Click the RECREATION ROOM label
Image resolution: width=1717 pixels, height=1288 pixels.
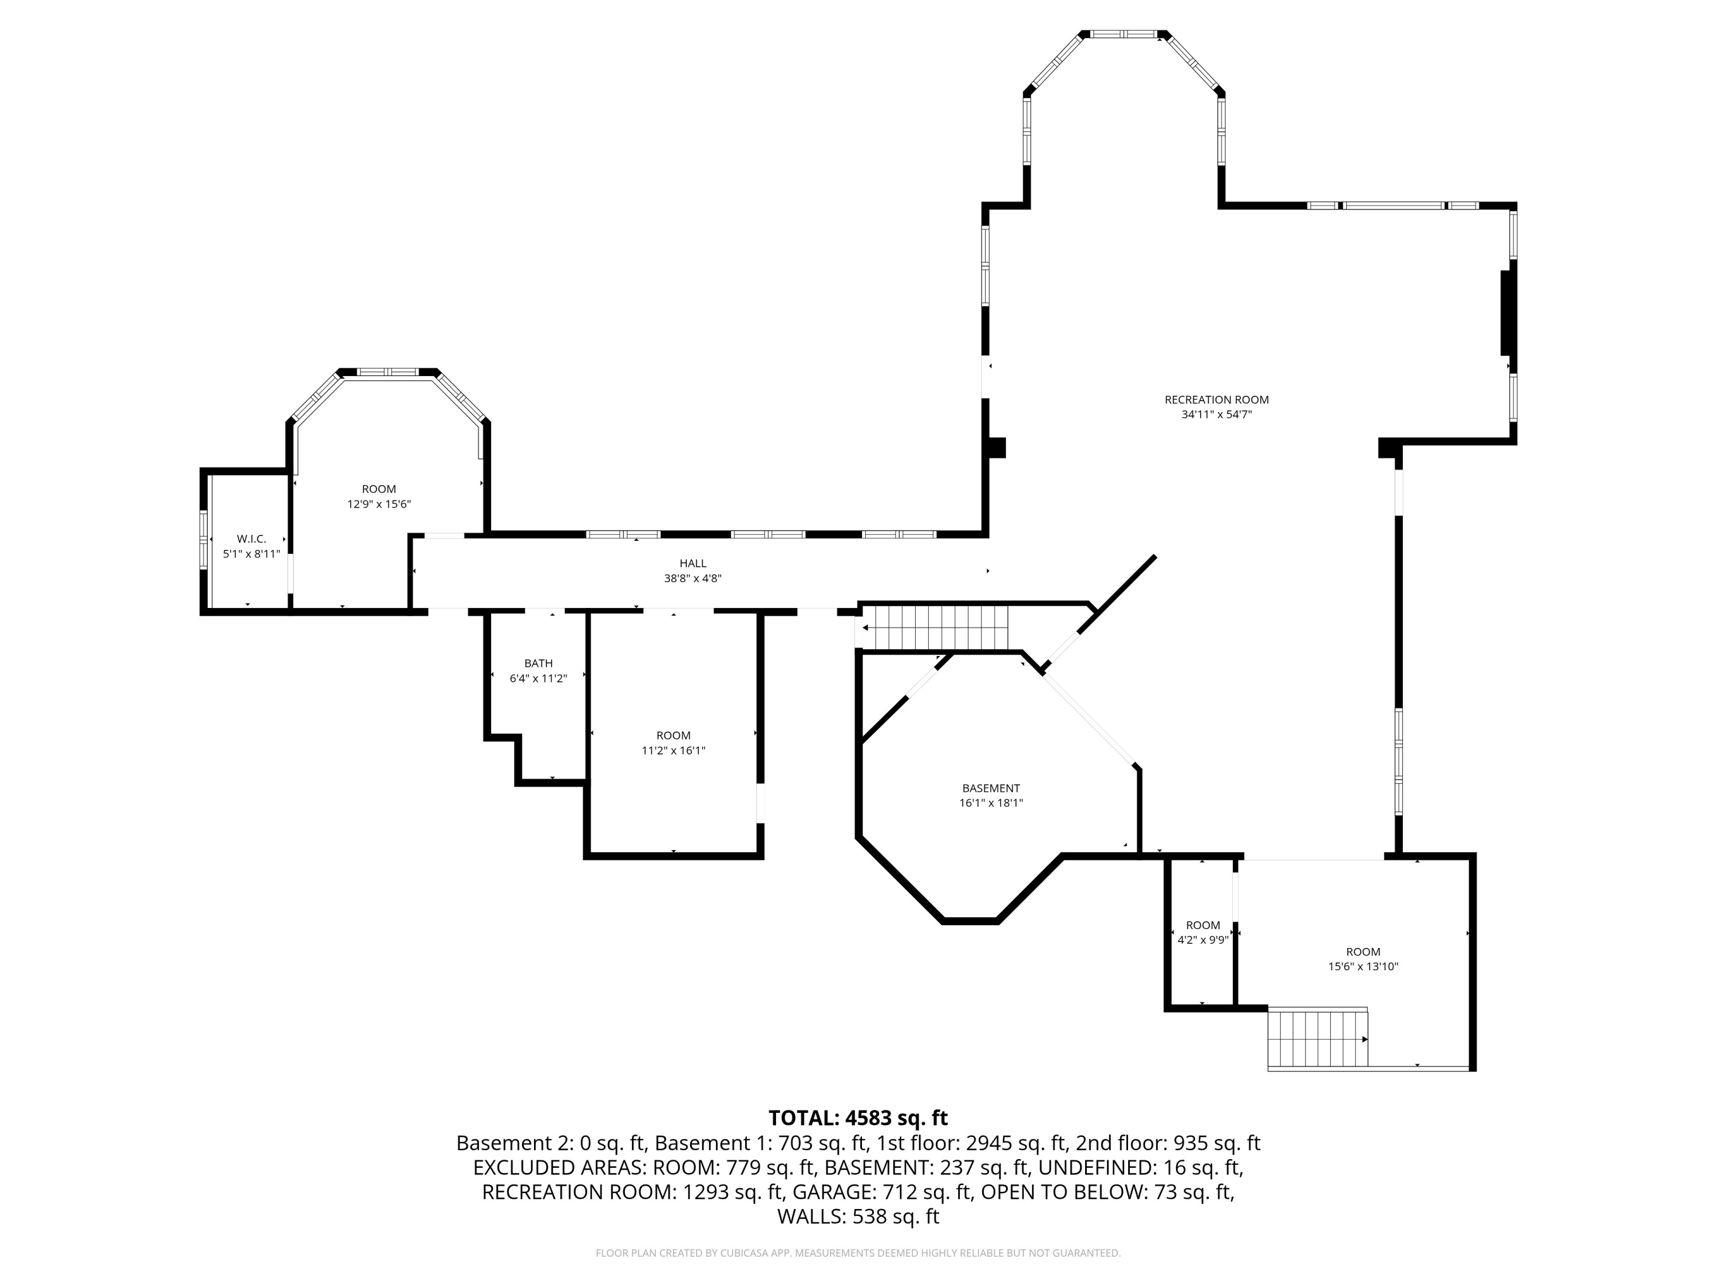pyautogui.click(x=1216, y=400)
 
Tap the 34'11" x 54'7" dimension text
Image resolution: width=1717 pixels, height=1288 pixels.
pyautogui.click(x=1216, y=414)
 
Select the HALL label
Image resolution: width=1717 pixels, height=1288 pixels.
pyautogui.click(x=693, y=564)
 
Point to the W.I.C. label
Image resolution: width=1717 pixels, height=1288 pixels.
pyautogui.click(x=251, y=539)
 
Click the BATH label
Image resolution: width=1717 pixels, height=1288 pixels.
pyautogui.click(x=539, y=663)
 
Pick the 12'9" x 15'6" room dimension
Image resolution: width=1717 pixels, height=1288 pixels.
pyautogui.click(x=379, y=504)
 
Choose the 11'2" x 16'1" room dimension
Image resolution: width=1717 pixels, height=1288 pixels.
pyautogui.click(x=673, y=750)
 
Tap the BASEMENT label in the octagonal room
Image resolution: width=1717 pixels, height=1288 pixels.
pyautogui.click(x=991, y=788)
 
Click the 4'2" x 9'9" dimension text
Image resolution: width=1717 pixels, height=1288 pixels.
pyautogui.click(x=1203, y=939)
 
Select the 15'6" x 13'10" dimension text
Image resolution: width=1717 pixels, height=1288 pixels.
pyautogui.click(x=1363, y=967)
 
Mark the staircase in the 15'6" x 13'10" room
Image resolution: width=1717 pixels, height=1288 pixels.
pyautogui.click(x=1318, y=1038)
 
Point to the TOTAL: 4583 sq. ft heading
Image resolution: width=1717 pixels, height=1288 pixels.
pyautogui.click(x=858, y=1118)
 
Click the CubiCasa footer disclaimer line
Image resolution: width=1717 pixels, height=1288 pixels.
pyautogui.click(x=858, y=1253)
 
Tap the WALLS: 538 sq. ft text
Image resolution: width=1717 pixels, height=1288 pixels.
pyautogui.click(x=858, y=1216)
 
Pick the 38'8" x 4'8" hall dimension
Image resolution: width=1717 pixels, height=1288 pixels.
pyautogui.click(x=693, y=578)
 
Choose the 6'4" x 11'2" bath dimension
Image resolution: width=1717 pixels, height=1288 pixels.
pyautogui.click(x=538, y=678)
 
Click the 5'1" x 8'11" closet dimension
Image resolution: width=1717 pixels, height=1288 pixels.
pyautogui.click(x=251, y=554)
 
